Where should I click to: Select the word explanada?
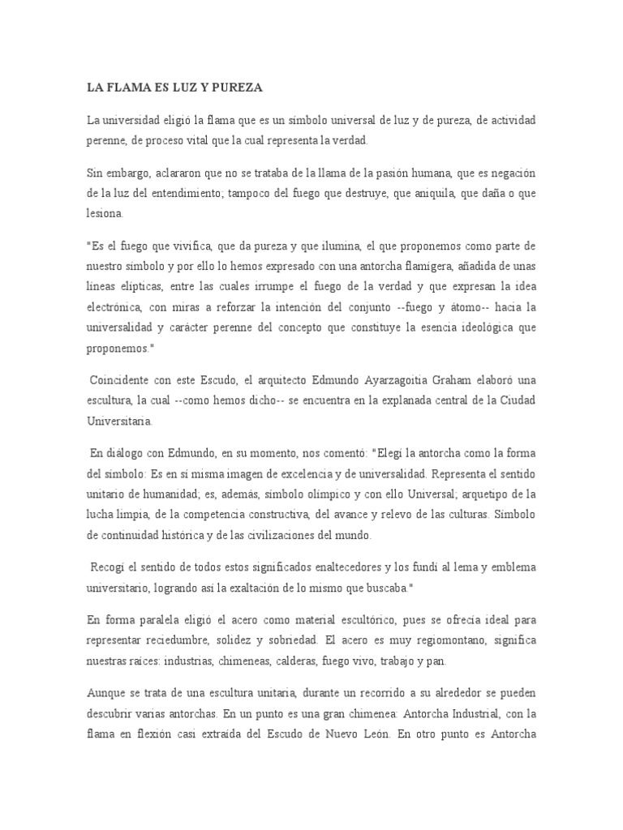(401, 401)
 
